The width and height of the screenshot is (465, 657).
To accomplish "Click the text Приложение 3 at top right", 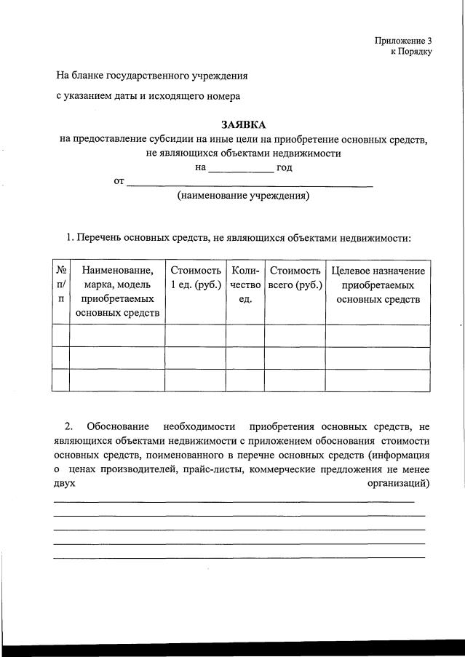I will pyautogui.click(x=403, y=41).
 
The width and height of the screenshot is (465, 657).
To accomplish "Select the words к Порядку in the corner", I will pyautogui.click(x=411, y=52).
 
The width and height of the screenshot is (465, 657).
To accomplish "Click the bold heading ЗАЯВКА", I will pyautogui.click(x=244, y=125).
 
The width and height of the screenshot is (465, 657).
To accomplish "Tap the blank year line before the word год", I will pyautogui.click(x=241, y=169).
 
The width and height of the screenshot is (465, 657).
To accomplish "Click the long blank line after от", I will pyautogui.click(x=250, y=183).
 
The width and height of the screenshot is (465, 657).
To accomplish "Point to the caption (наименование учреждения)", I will pyautogui.click(x=243, y=196).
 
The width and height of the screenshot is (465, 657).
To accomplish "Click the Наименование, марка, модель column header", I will pyautogui.click(x=117, y=291).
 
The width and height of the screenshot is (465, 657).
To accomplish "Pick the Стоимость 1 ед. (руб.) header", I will pyautogui.click(x=195, y=277).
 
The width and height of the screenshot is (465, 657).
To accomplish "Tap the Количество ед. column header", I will pyautogui.click(x=245, y=284).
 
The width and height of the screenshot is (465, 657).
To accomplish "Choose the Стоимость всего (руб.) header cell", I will pyautogui.click(x=295, y=277).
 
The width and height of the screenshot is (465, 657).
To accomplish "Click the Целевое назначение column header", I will pyautogui.click(x=378, y=284).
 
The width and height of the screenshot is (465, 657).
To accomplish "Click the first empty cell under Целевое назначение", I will pyautogui.click(x=378, y=335).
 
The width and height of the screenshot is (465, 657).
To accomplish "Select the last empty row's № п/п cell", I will pyautogui.click(x=60, y=380).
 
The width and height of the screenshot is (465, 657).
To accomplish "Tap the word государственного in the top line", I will pyautogui.click(x=148, y=75).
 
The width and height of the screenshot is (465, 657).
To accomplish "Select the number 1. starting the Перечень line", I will pyautogui.click(x=70, y=237).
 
